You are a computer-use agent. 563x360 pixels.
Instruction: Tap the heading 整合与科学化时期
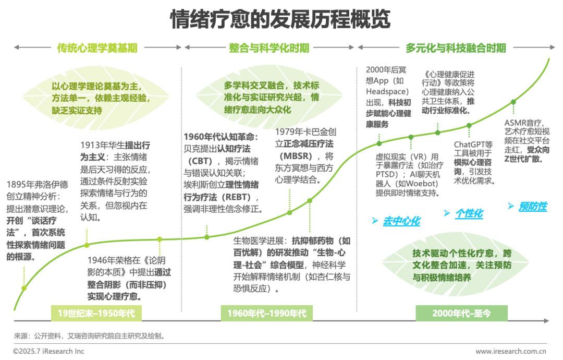point(269,49)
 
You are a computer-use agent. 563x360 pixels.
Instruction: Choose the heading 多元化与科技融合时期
point(456,49)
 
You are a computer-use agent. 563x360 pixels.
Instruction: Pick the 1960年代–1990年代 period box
point(266,313)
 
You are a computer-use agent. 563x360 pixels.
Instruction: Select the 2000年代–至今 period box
point(461,313)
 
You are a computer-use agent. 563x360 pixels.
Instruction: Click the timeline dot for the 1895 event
point(23,288)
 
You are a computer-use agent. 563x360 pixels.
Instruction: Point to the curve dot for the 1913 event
point(87,244)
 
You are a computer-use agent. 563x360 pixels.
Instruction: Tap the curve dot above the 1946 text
point(160,239)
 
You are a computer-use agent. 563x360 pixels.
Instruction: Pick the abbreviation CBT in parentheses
point(200,160)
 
